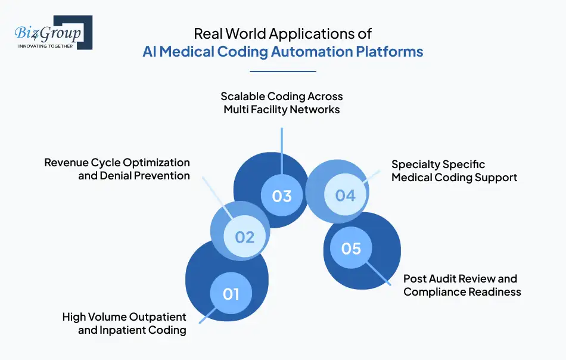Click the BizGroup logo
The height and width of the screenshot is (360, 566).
pyautogui.click(x=52, y=33)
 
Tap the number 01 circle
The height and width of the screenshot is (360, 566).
pyautogui.click(x=231, y=293)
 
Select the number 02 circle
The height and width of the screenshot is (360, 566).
pyautogui.click(x=244, y=237)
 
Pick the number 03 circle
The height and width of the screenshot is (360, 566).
pyautogui.click(x=282, y=196)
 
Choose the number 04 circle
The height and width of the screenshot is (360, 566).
pyautogui.click(x=345, y=195)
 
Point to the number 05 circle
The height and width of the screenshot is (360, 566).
pyautogui.click(x=351, y=247)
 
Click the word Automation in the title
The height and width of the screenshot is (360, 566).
pyautogui.click(x=311, y=51)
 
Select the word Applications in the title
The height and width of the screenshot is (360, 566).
pyautogui.click(x=304, y=35)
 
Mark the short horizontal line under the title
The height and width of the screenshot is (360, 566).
pyautogui.click(x=282, y=72)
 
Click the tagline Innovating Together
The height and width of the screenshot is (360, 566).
pyautogui.click(x=46, y=45)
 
